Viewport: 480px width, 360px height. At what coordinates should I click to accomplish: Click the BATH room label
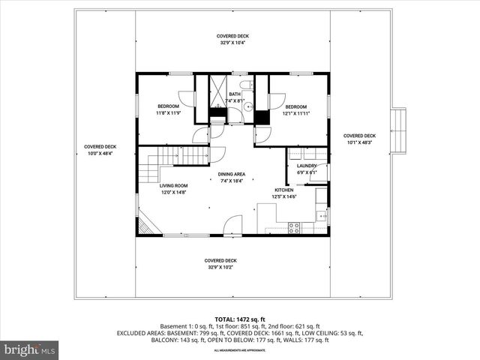click(235, 94)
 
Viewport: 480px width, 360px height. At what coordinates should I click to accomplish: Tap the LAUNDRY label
click(306, 166)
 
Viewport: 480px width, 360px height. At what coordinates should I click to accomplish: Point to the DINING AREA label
click(232, 174)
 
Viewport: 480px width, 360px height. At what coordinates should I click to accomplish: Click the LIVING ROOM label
click(173, 185)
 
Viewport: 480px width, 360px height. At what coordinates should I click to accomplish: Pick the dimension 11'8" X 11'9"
click(169, 113)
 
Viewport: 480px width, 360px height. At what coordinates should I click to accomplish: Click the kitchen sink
click(321, 215)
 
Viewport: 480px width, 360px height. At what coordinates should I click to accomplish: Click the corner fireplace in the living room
click(146, 223)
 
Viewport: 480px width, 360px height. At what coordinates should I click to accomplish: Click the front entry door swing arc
click(233, 225)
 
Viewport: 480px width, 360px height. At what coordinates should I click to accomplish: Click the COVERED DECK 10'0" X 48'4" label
click(100, 150)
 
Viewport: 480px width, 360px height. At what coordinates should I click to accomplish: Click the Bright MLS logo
click(30, 349)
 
